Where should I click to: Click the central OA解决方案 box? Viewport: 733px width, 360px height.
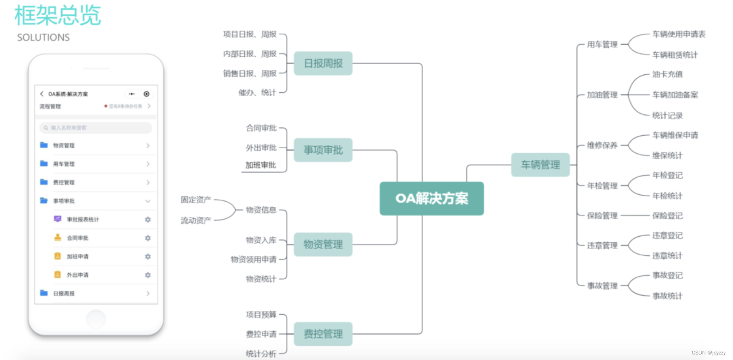pos(432,198)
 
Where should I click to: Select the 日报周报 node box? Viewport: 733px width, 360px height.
pos(323,63)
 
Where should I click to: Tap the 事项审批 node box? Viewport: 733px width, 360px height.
pos(323,150)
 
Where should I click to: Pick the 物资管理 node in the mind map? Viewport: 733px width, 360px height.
pos(323,245)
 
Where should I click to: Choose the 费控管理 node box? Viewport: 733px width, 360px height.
pos(323,334)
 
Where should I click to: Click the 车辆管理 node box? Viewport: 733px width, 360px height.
pos(540,165)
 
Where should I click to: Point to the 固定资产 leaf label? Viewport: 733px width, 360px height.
pos(196,200)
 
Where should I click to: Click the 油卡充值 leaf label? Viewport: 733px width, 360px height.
pos(667,74)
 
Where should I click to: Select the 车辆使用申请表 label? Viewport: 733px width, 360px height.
pos(679,34)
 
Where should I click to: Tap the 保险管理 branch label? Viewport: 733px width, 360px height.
pos(602,216)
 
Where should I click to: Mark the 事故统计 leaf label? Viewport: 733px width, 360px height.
pos(667,296)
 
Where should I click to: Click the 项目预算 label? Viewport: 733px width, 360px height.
pos(261,315)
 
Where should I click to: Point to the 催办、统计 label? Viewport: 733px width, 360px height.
pos(257,93)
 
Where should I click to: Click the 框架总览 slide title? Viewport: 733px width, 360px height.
pos(58,16)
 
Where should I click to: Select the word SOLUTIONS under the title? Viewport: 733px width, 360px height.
pos(43,37)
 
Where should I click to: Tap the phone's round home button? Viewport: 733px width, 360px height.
pos(96,319)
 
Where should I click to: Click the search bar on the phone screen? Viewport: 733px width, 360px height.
pos(96,128)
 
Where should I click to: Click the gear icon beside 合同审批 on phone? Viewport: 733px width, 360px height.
pos(148,238)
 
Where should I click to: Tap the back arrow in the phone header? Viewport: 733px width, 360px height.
pos(42,94)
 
